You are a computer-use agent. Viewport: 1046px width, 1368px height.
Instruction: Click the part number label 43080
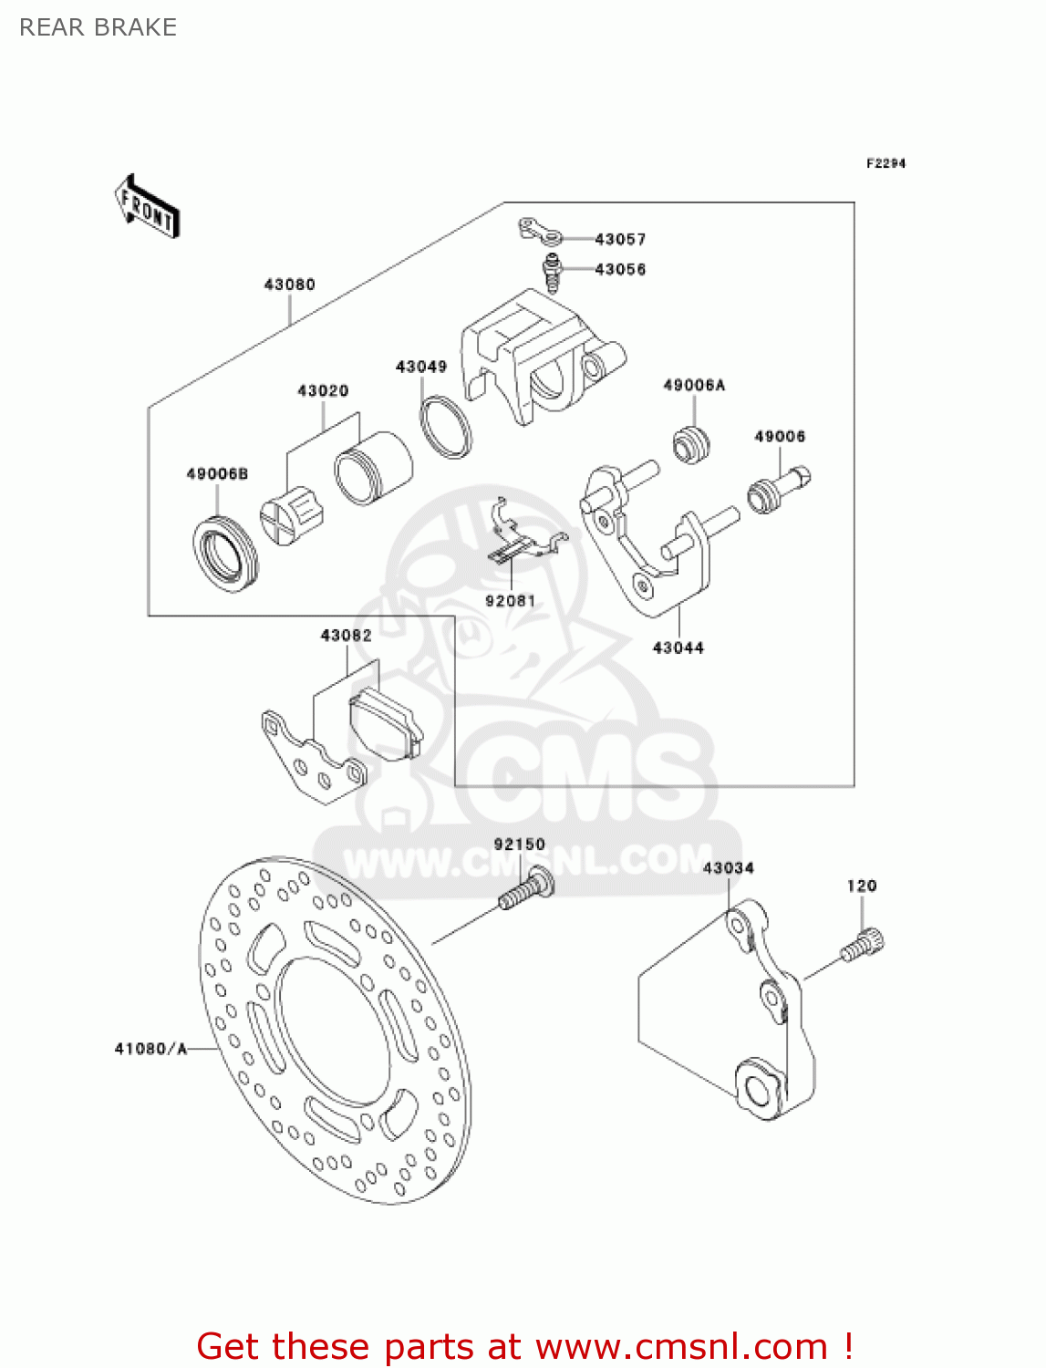tap(289, 285)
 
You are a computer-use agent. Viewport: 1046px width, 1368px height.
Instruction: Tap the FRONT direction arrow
tap(146, 207)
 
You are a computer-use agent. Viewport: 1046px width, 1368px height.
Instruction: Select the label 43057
tap(620, 239)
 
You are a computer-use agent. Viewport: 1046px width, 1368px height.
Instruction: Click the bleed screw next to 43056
tap(551, 272)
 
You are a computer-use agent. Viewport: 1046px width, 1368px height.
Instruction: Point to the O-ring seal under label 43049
tap(446, 426)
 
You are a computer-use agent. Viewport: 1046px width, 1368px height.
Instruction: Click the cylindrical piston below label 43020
tap(372, 468)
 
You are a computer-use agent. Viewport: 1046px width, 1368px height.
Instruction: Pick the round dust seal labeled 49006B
tap(225, 553)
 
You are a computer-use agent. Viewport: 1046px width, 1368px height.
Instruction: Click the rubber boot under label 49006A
tap(691, 443)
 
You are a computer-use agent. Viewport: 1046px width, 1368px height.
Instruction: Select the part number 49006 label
tap(779, 437)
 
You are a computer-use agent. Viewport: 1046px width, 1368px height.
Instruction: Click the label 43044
tap(678, 648)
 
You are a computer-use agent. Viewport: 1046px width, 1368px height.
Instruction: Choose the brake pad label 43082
tap(346, 635)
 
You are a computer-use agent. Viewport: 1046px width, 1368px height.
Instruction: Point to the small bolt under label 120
tap(863, 944)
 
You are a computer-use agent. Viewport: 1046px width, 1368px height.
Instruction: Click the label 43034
tap(728, 867)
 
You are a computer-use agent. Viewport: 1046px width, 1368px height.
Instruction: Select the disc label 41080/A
tap(150, 1049)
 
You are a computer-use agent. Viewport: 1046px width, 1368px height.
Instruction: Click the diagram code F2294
tap(885, 163)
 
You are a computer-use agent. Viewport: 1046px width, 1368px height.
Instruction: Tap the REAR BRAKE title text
tap(98, 27)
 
